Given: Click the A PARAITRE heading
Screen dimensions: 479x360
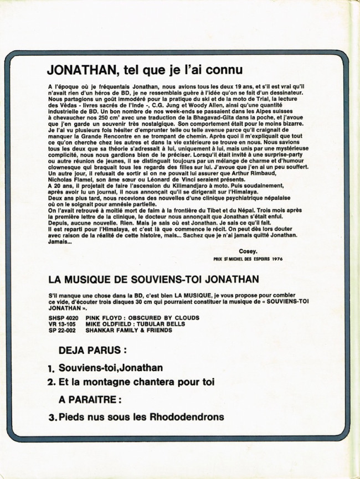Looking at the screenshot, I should pos(90,398).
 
